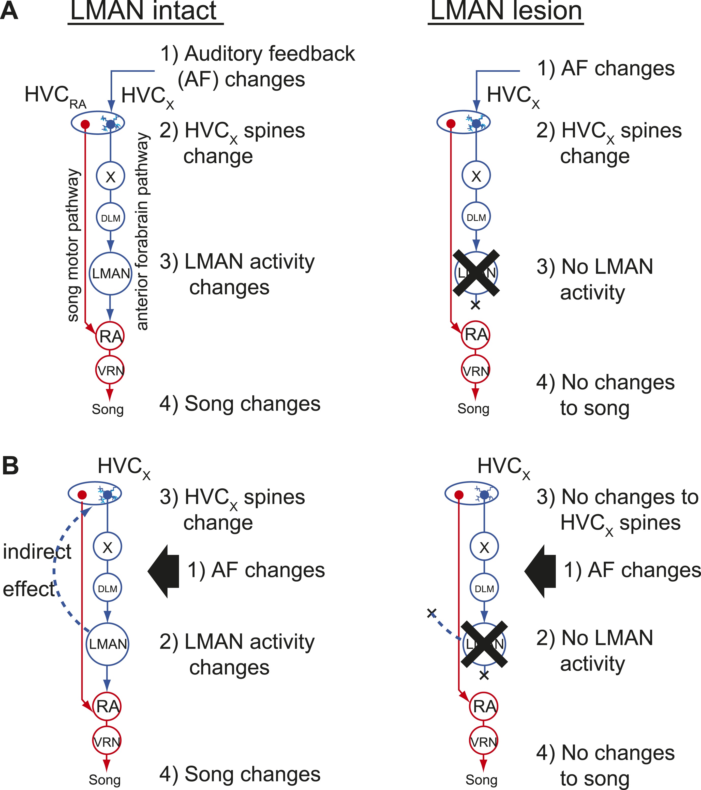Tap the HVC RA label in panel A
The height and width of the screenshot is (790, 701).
pyautogui.click(x=55, y=96)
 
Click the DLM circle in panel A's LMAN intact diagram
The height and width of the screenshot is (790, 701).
pyautogui.click(x=110, y=218)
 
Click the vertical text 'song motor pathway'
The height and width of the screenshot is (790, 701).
pyautogui.click(x=73, y=245)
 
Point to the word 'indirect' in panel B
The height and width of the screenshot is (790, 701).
pyautogui.click(x=37, y=552)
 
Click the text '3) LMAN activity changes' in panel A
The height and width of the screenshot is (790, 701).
pyautogui.click(x=237, y=274)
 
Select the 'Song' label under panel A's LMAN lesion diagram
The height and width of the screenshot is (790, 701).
pyautogui.click(x=473, y=408)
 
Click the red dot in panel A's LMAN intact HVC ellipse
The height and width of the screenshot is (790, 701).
pyautogui.click(x=85, y=124)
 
